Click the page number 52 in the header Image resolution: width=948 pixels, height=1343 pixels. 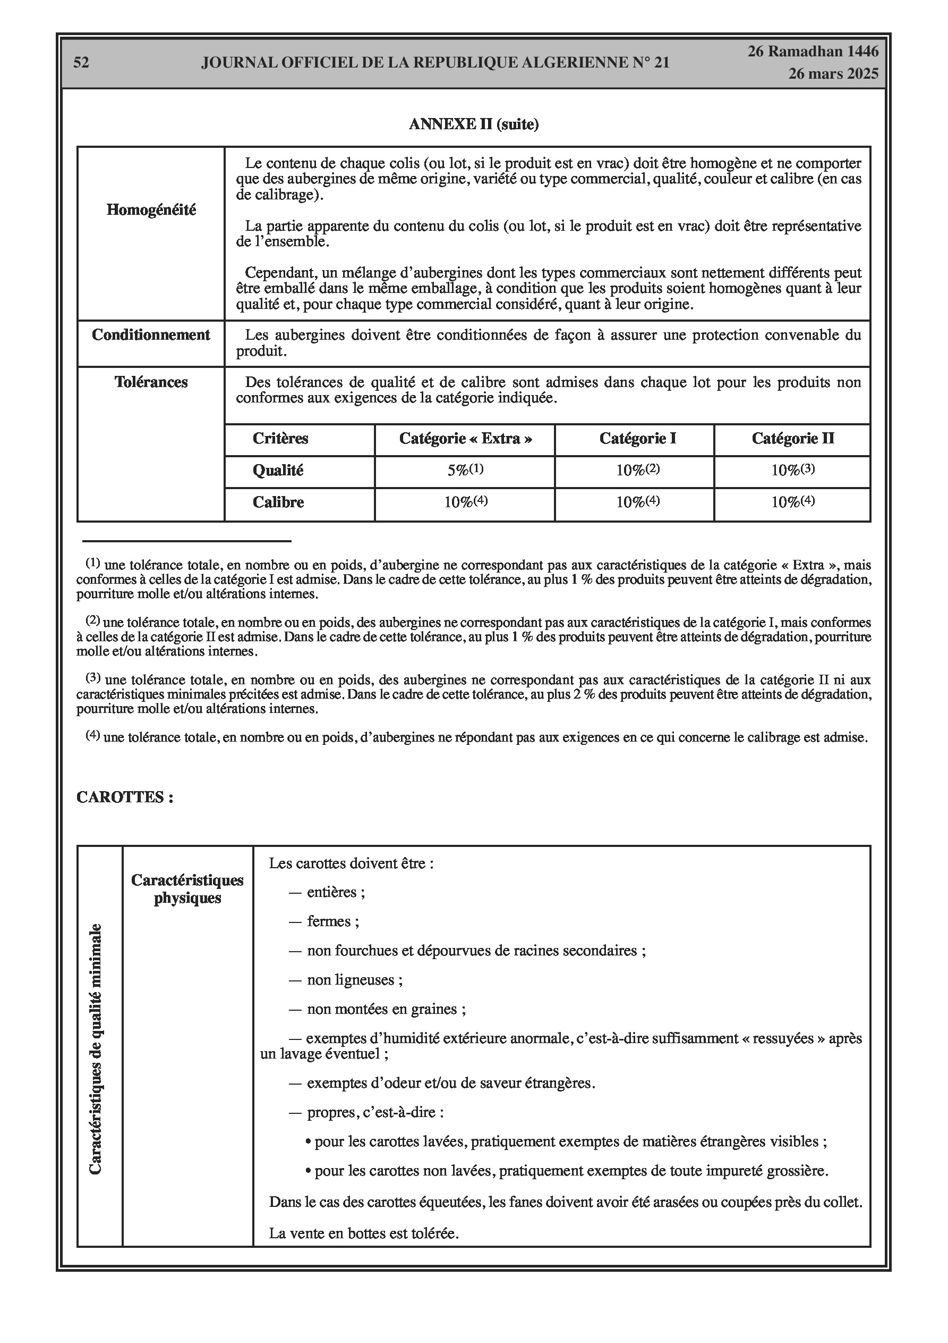coord(81,63)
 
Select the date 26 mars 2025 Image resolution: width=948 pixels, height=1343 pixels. coord(833,74)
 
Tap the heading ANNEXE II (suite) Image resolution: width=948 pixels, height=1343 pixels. coord(473,124)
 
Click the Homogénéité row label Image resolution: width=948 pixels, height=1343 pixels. coord(151,210)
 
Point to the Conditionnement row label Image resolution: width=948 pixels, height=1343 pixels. coord(151,335)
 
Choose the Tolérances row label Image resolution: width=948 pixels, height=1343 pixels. coord(151,383)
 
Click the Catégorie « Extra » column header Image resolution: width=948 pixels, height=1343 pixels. coord(465,439)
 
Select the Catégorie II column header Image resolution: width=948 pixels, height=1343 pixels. coord(792,439)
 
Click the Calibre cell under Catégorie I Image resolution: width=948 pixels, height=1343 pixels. coord(637,502)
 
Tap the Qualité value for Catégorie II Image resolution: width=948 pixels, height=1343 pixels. coord(792,471)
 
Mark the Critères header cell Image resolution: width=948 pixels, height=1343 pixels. coord(280,439)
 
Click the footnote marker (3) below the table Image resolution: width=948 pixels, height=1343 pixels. coord(93,678)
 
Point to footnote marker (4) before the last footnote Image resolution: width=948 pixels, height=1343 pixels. coord(93,735)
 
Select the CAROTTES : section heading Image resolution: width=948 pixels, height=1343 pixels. coord(124,798)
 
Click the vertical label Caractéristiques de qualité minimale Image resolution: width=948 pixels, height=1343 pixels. coord(95,1049)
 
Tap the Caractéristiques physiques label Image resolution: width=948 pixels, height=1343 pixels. coord(187,889)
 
